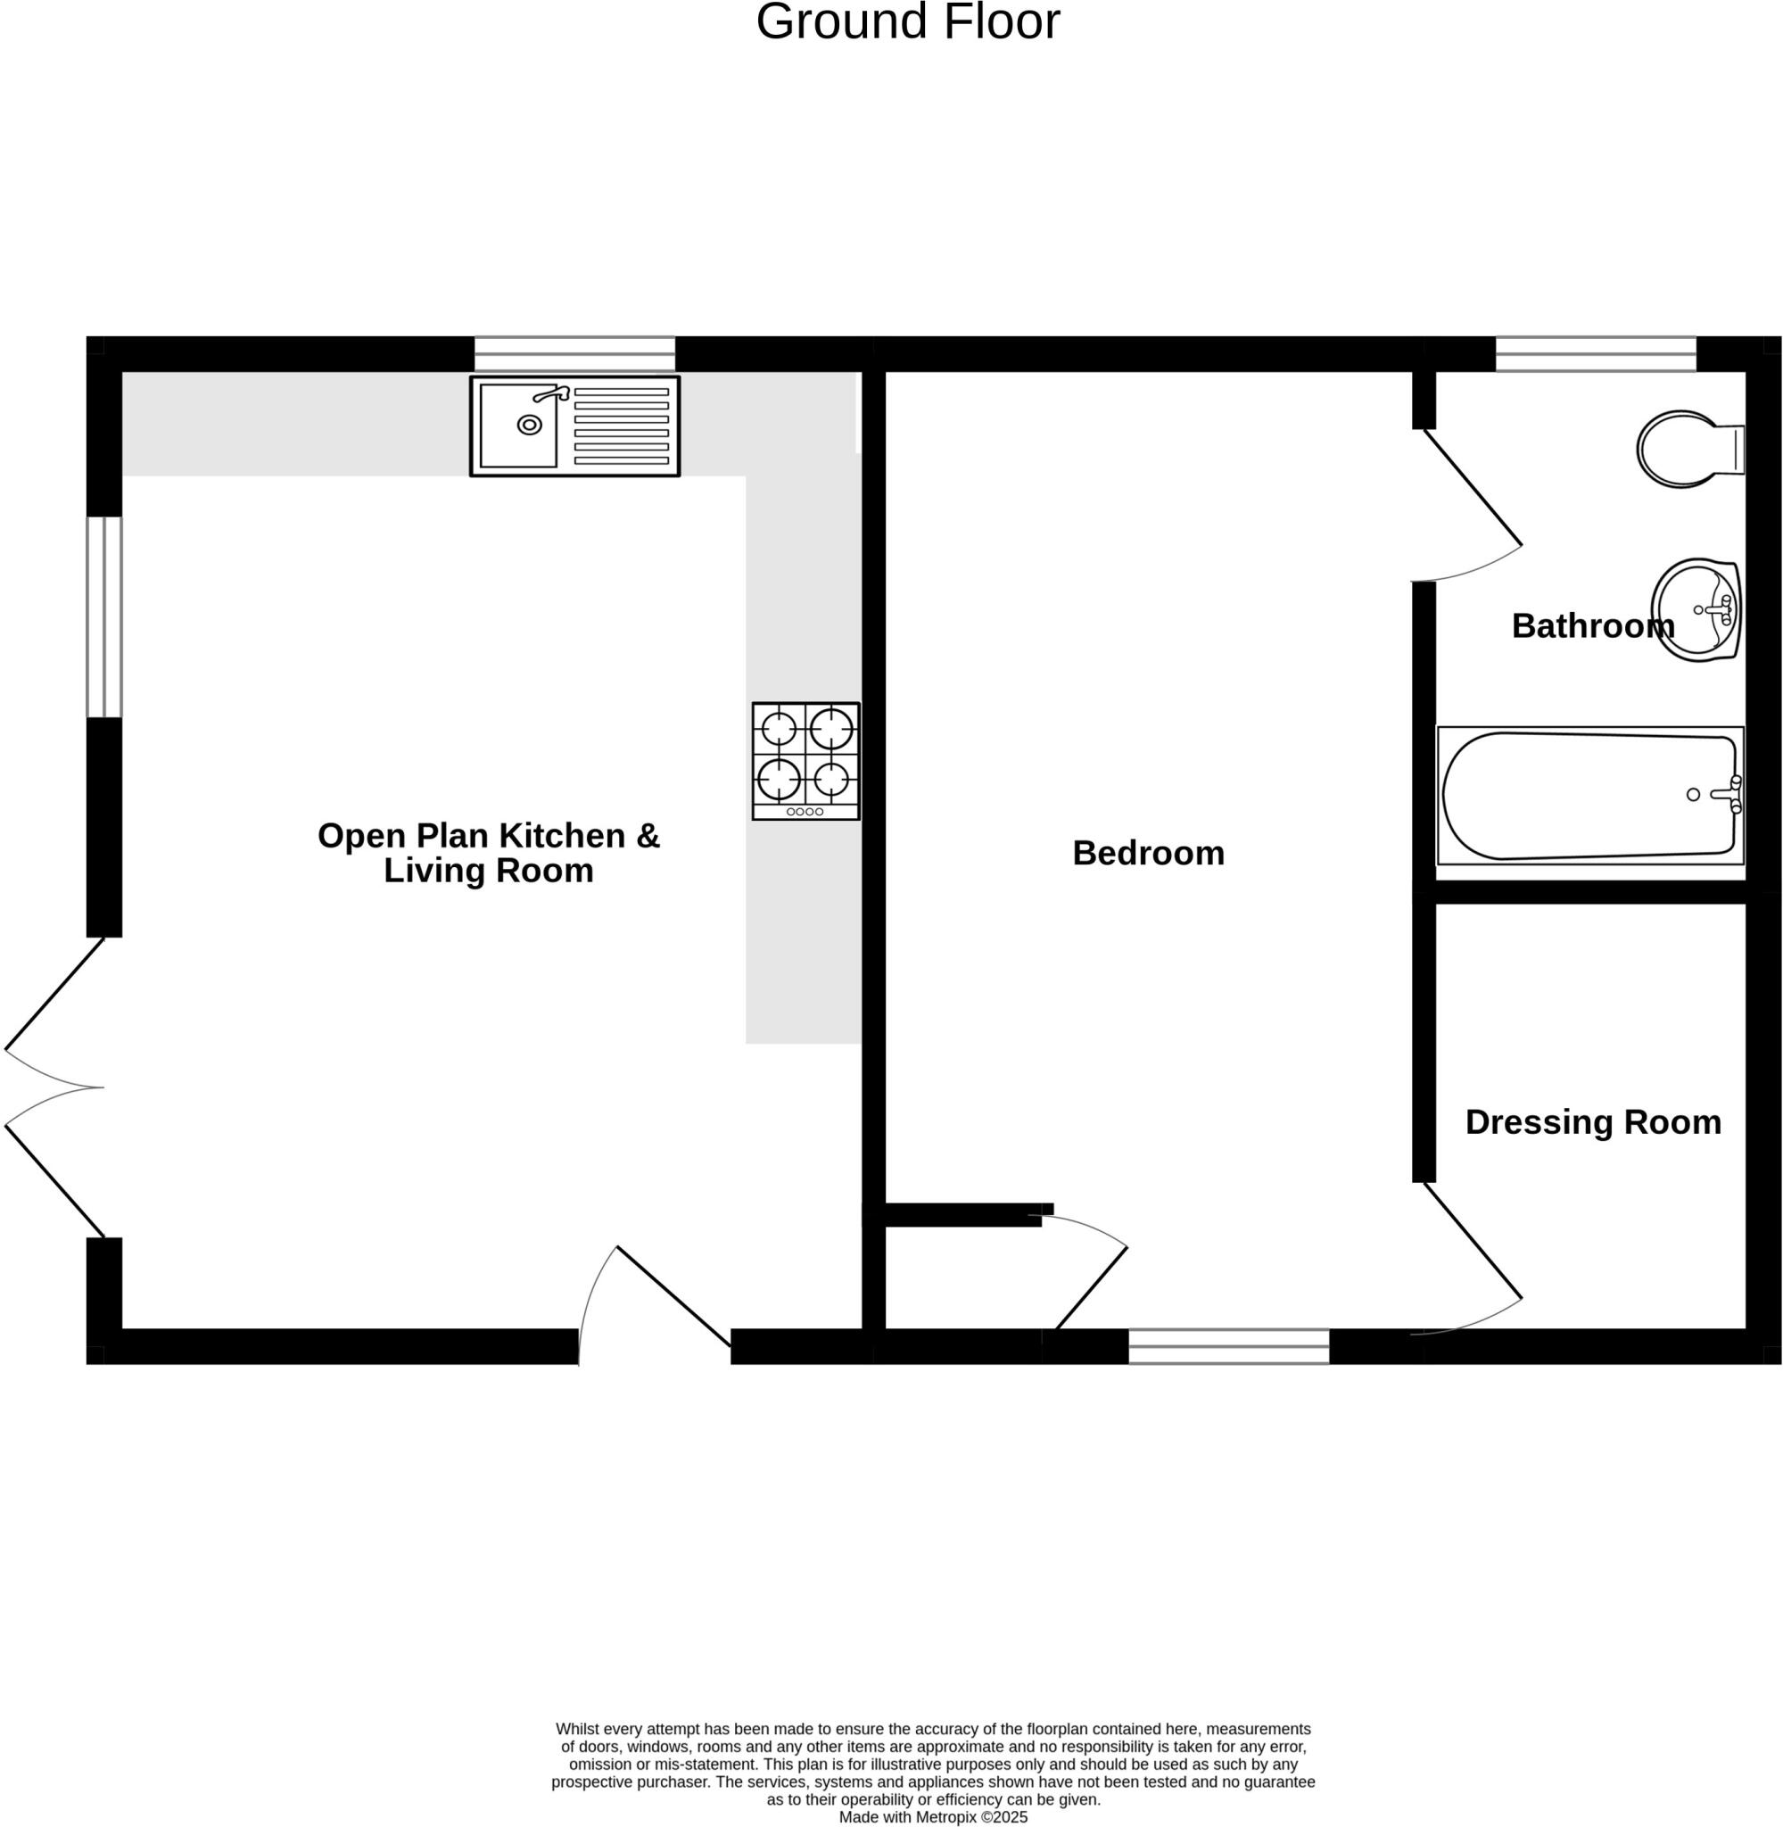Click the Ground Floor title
pos(906,22)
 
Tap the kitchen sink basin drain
pos(529,426)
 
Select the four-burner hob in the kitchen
pos(805,760)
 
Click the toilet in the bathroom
pos(1687,449)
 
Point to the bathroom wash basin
pos(1696,609)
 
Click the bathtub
pos(1590,795)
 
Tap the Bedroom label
pos(1147,853)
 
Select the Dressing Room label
pos(1592,1122)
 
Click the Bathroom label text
pos(1592,625)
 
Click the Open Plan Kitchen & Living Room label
pos(488,852)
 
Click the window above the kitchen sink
pos(574,354)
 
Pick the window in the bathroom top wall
pos(1595,354)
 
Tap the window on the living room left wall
pos(104,617)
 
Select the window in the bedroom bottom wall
pos(1227,1346)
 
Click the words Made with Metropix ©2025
pos(932,1816)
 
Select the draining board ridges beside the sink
pos(621,426)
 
